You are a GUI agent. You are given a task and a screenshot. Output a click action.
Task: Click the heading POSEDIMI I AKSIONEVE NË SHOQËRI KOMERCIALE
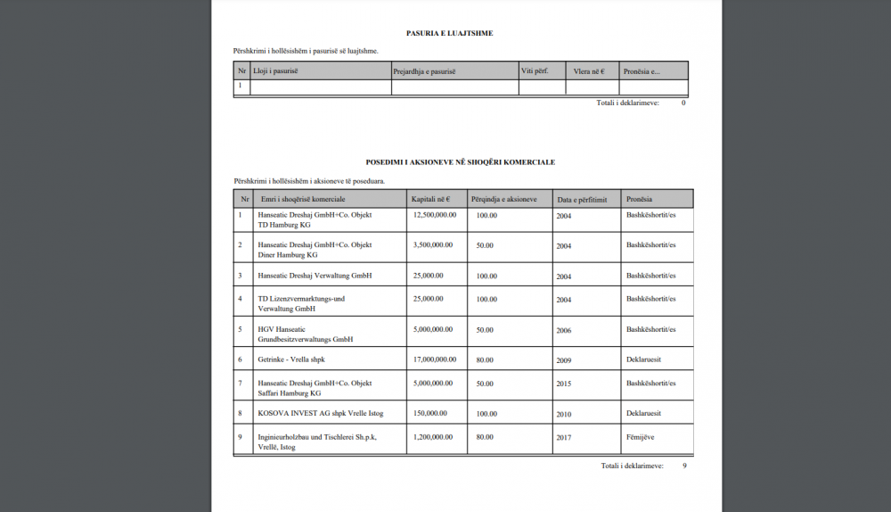pyautogui.click(x=461, y=162)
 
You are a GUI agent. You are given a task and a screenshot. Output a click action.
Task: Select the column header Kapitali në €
pyautogui.click(x=431, y=199)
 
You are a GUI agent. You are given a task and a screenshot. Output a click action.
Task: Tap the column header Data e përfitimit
pyautogui.click(x=581, y=200)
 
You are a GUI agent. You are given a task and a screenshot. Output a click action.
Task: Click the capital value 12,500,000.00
pyautogui.click(x=435, y=215)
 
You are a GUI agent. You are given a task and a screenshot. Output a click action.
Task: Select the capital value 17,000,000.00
pyautogui.click(x=435, y=359)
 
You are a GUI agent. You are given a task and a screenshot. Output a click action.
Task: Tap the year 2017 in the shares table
pyautogui.click(x=564, y=438)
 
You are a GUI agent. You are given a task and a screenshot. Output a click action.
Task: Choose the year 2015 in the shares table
pyautogui.click(x=564, y=384)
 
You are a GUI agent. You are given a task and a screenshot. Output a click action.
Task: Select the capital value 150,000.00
pyautogui.click(x=430, y=414)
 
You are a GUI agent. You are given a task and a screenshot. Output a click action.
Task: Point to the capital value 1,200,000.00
pyautogui.click(x=433, y=438)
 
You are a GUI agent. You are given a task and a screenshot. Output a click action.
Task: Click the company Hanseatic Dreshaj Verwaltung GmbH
pyautogui.click(x=315, y=276)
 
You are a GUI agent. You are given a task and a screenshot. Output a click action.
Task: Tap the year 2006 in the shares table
pyautogui.click(x=564, y=330)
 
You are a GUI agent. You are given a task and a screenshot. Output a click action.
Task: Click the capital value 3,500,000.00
pyautogui.click(x=433, y=244)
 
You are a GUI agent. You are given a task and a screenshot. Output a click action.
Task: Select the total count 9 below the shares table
pyautogui.click(x=684, y=466)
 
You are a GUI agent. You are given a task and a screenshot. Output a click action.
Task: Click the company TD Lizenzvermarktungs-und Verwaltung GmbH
pyautogui.click(x=301, y=303)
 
